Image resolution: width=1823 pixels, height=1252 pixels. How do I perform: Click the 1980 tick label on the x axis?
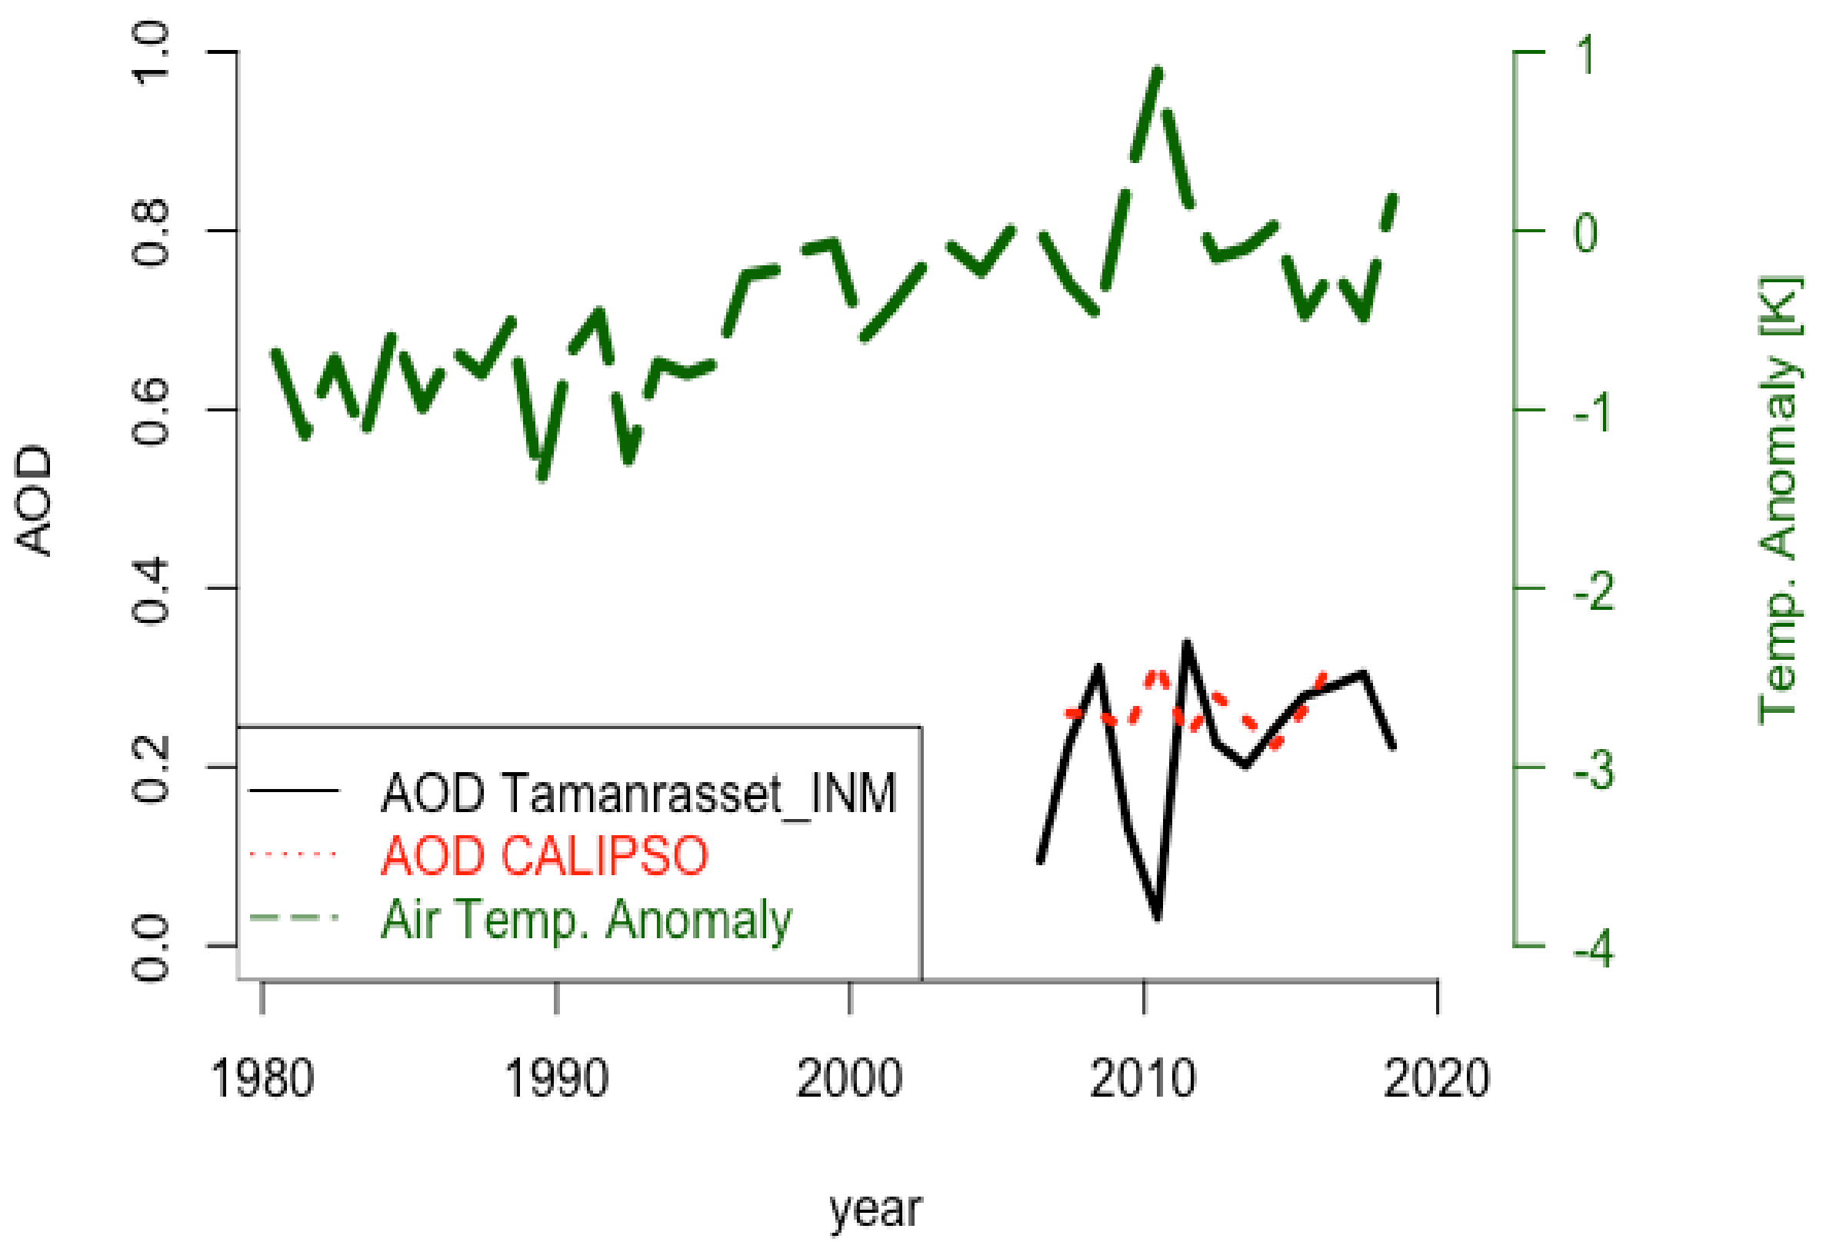(x=262, y=1080)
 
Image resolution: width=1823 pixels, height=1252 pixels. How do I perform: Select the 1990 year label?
(x=556, y=1080)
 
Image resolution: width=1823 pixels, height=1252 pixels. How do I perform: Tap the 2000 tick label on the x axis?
(x=849, y=1080)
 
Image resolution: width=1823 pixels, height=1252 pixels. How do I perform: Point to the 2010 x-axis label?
(x=1143, y=1080)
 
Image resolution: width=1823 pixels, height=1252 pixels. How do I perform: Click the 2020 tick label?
(x=1436, y=1080)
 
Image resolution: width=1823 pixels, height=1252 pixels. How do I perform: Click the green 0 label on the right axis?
(x=1585, y=233)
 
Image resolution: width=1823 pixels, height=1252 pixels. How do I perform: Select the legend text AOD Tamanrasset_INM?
(x=638, y=793)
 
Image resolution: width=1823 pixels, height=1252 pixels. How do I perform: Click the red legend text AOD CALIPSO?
(x=545, y=855)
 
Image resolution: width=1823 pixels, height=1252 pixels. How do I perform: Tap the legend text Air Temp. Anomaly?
(x=586, y=918)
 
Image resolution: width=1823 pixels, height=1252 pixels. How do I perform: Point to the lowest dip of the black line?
(x=1158, y=916)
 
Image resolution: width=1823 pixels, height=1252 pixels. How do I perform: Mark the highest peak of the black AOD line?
(x=1186, y=644)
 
